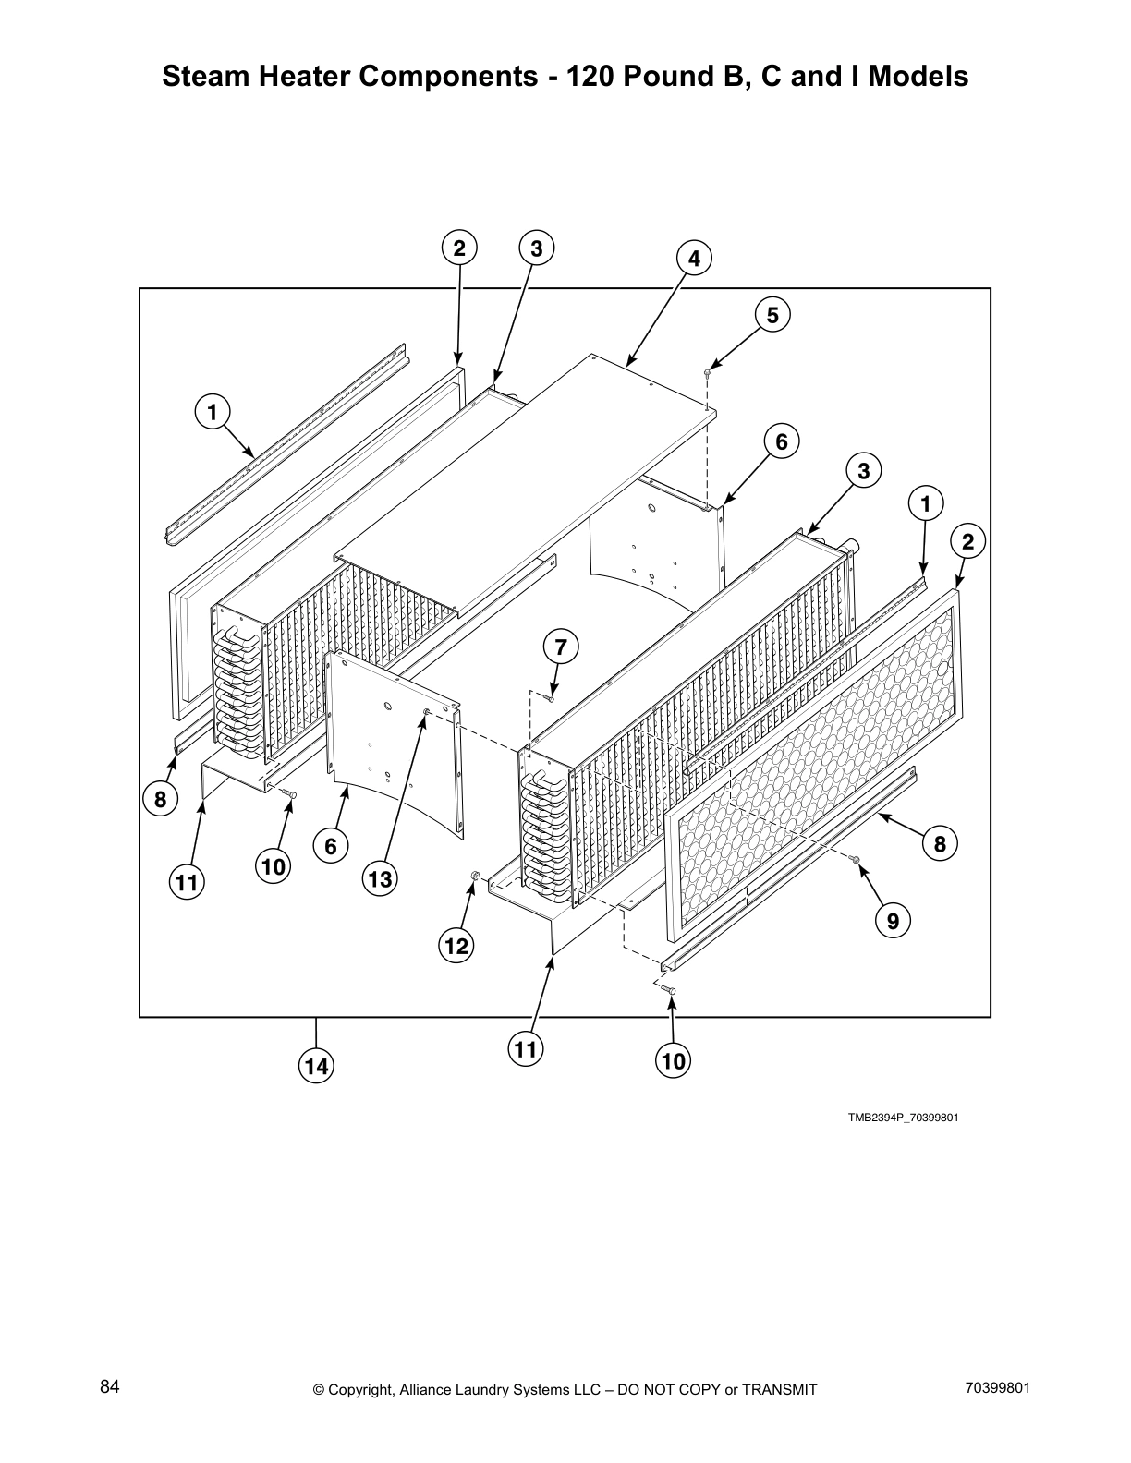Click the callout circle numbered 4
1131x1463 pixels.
tap(695, 260)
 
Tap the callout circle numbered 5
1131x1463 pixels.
tap(772, 315)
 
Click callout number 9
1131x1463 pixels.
tap(893, 921)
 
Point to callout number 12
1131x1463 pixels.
tap(456, 946)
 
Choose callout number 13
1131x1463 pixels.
tap(380, 879)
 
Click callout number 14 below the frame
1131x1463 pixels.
tap(316, 1067)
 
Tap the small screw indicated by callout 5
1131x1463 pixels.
tap(707, 371)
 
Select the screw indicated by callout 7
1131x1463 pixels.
tap(551, 699)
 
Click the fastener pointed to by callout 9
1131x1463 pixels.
tap(856, 860)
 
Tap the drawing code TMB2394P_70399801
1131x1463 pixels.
tap(903, 1118)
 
